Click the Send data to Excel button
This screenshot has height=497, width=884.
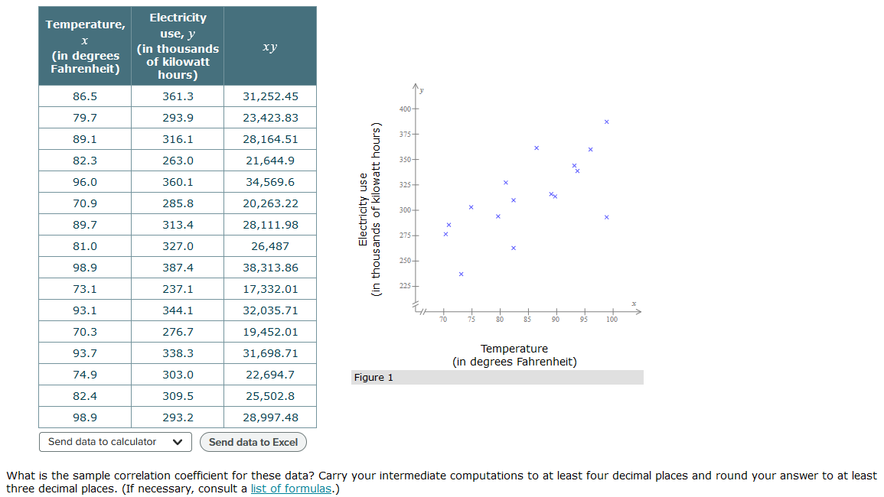point(253,442)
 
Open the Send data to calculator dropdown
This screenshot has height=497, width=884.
point(115,442)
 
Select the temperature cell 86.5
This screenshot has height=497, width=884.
point(85,96)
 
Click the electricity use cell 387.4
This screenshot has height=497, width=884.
point(178,268)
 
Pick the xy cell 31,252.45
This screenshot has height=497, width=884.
point(270,96)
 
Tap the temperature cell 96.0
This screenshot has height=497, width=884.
point(85,182)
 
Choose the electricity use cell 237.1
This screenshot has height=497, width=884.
point(178,289)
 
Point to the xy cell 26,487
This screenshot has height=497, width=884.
point(270,246)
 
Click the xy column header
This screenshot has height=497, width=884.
point(270,47)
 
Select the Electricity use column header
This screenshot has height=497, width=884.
point(178,46)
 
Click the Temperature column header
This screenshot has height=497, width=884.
point(85,46)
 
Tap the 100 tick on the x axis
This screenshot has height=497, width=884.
point(612,319)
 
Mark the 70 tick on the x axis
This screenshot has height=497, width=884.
point(443,319)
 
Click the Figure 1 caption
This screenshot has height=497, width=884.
point(373,378)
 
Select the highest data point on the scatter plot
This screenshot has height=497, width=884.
point(606,122)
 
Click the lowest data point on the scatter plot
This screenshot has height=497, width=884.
point(461,274)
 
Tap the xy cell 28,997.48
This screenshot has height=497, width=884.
point(270,417)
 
